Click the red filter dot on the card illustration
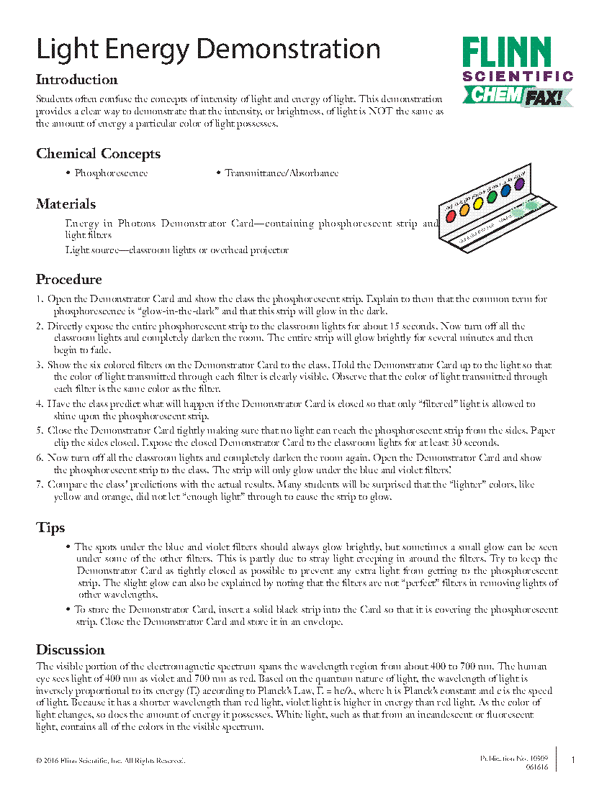tap(451, 211)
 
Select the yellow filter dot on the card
tap(478, 202)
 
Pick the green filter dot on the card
tap(492, 196)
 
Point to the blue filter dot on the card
tap(505, 191)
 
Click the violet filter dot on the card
tap(519, 185)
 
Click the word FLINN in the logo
tap(506, 53)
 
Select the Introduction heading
tap(77, 80)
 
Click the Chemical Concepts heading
tap(99, 154)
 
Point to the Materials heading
tap(66, 204)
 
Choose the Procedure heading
tap(69, 280)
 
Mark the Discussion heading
tap(71, 650)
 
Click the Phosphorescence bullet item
tap(111, 173)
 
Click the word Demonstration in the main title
tap(288, 49)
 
